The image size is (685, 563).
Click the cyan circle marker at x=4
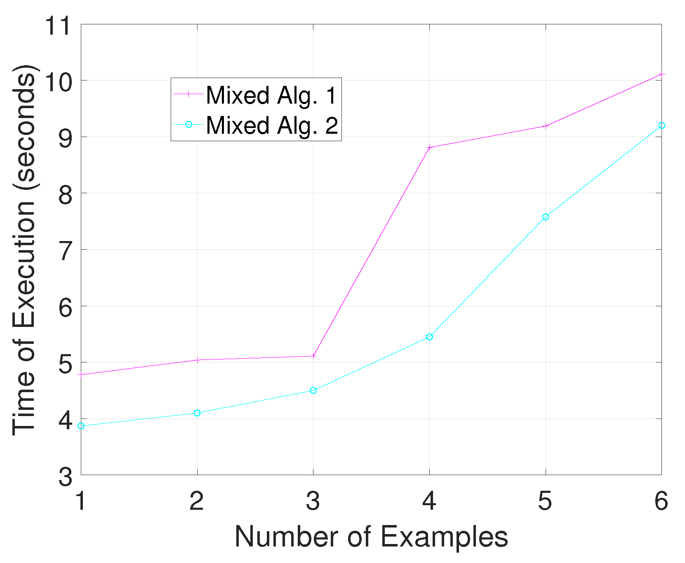point(429,337)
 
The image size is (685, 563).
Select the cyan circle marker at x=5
point(546,217)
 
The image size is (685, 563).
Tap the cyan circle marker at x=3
point(313,390)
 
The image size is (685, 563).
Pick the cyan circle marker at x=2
point(197,413)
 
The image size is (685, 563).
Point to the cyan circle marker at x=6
point(661,125)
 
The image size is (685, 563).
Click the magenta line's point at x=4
point(429,147)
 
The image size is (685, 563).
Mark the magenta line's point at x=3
point(313,356)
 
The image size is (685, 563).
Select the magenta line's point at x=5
point(546,126)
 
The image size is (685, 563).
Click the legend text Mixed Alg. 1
point(271,95)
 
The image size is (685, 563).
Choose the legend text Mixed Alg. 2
point(271,125)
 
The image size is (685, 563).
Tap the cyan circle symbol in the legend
point(188,124)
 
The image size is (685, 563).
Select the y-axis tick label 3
point(66,477)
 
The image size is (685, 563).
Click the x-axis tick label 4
point(429,501)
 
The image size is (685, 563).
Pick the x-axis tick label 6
point(661,501)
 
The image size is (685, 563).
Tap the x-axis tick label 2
point(197,501)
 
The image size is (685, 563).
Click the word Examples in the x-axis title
point(444,537)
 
